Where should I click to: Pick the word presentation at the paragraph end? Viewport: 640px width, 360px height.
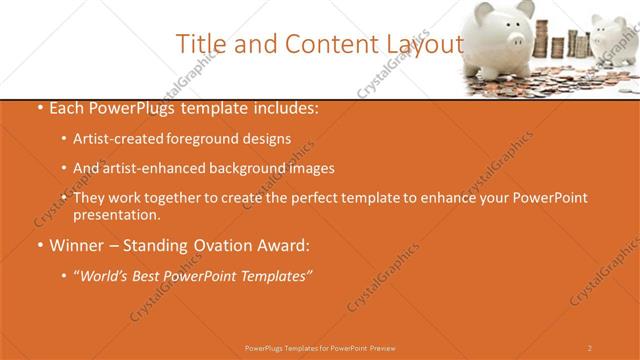click(x=116, y=215)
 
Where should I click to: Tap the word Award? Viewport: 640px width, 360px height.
click(x=285, y=245)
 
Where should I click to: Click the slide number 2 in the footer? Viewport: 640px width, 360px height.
click(x=589, y=348)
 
